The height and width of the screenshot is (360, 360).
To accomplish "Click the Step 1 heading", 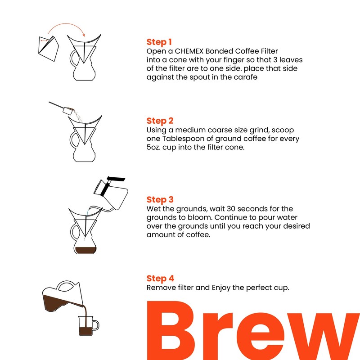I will click(x=159, y=42).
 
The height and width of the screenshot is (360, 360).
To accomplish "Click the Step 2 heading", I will click(x=160, y=121).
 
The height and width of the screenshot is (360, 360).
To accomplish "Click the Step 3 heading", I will click(x=160, y=200).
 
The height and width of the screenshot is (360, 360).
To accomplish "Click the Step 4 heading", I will click(x=160, y=279).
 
